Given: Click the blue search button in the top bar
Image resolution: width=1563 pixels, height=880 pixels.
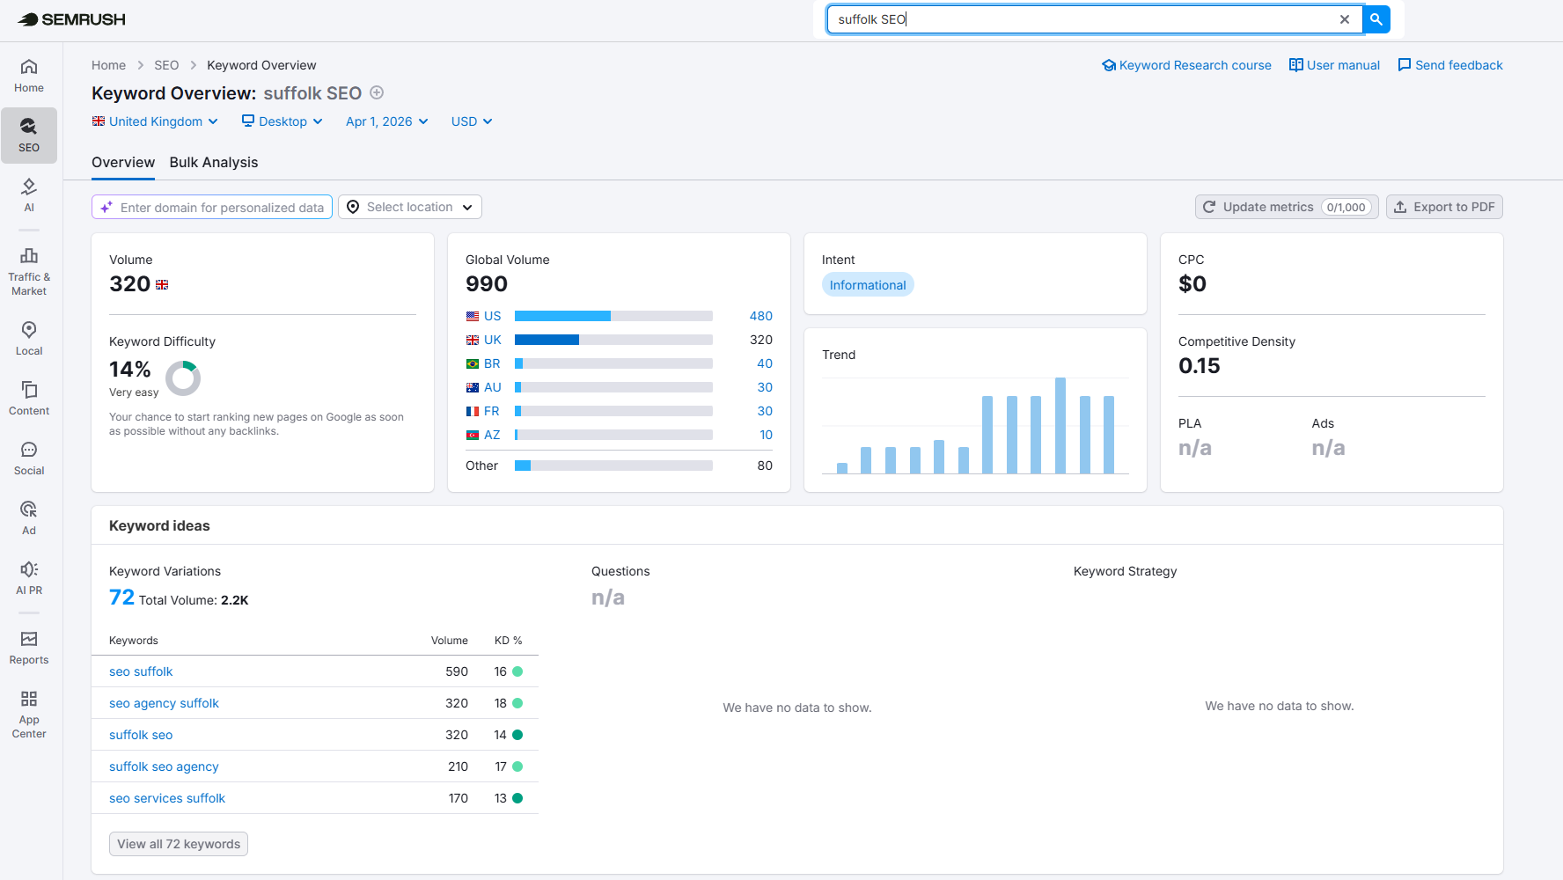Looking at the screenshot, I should pyautogui.click(x=1376, y=19).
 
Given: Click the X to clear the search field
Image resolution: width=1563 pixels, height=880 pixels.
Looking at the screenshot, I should pyautogui.click(x=1344, y=19).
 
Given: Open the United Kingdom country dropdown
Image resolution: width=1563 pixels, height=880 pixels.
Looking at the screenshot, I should pyautogui.click(x=155, y=121).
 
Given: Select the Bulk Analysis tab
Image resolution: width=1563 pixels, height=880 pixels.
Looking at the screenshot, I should pyautogui.click(x=214, y=162).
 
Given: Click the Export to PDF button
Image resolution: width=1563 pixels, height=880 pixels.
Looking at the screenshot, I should pyautogui.click(x=1444, y=207).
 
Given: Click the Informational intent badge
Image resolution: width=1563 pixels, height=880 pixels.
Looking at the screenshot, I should pyautogui.click(x=867, y=285).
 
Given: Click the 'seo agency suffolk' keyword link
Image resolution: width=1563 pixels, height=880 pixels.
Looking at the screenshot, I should pyautogui.click(x=164, y=703).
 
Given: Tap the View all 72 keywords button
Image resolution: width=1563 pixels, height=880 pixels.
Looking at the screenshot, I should pyautogui.click(x=179, y=844).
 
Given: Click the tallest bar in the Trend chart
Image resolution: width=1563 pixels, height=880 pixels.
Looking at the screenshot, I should pyautogui.click(x=1060, y=426).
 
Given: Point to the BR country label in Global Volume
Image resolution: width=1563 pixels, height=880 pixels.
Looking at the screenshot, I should pyautogui.click(x=491, y=363).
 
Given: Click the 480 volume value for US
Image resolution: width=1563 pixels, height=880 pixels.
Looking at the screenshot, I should pyautogui.click(x=760, y=316).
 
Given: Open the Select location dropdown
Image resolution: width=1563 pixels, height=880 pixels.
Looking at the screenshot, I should pyautogui.click(x=410, y=207).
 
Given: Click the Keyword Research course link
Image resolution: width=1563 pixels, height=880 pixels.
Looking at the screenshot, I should pyautogui.click(x=1187, y=65).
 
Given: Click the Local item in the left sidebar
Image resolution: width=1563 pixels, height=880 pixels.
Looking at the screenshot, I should pyautogui.click(x=29, y=338).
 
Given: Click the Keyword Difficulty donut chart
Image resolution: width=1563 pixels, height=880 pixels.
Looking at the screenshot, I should pyautogui.click(x=183, y=378).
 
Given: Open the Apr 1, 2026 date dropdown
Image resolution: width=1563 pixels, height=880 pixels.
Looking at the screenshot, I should pyautogui.click(x=386, y=121).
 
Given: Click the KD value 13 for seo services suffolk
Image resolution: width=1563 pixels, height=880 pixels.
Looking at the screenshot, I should pyautogui.click(x=500, y=798).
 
